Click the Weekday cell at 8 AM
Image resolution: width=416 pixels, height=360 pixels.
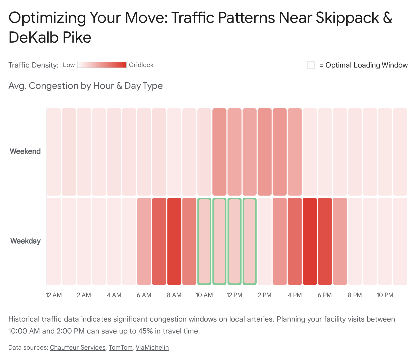pyautogui.click(x=174, y=241)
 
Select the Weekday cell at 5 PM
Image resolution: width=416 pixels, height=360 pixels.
pyautogui.click(x=310, y=241)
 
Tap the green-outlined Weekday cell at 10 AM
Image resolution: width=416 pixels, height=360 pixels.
pyautogui.click(x=204, y=241)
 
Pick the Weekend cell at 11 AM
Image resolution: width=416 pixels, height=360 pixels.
pyautogui.click(x=219, y=152)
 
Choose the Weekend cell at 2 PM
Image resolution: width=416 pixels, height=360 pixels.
pyautogui.click(x=265, y=152)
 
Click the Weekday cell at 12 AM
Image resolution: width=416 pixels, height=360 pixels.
pyautogui.click(x=54, y=241)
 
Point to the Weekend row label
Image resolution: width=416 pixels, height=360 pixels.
pyautogui.click(x=25, y=151)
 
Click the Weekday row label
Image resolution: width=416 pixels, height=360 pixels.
pyautogui.click(x=25, y=241)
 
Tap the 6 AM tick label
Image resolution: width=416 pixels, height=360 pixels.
pyautogui.click(x=144, y=295)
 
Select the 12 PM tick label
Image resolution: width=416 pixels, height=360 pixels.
pyautogui.click(x=235, y=295)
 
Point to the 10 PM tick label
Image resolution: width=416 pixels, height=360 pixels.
pyautogui.click(x=385, y=295)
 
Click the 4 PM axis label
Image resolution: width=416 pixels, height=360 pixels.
pyautogui.click(x=295, y=295)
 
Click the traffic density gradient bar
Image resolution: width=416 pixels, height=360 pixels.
pyautogui.click(x=102, y=65)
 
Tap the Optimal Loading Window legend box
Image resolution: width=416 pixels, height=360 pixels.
pyautogui.click(x=311, y=65)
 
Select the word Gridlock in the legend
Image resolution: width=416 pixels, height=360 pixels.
pyautogui.click(x=141, y=65)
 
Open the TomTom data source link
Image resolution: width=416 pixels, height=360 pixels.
pyautogui.click(x=121, y=348)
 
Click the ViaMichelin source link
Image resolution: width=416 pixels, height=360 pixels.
pyautogui.click(x=152, y=348)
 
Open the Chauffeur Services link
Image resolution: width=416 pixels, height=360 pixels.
pyautogui.click(x=78, y=348)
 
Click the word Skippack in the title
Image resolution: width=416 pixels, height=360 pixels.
pyautogui.click(x=347, y=18)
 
